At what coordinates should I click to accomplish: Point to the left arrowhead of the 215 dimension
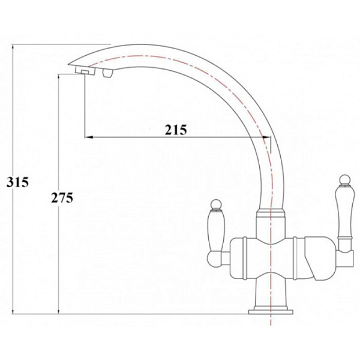(x=86, y=138)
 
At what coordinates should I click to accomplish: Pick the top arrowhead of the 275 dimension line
(x=58, y=77)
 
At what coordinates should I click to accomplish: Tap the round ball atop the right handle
(x=344, y=179)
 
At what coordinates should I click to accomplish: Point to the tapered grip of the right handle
(x=344, y=209)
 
